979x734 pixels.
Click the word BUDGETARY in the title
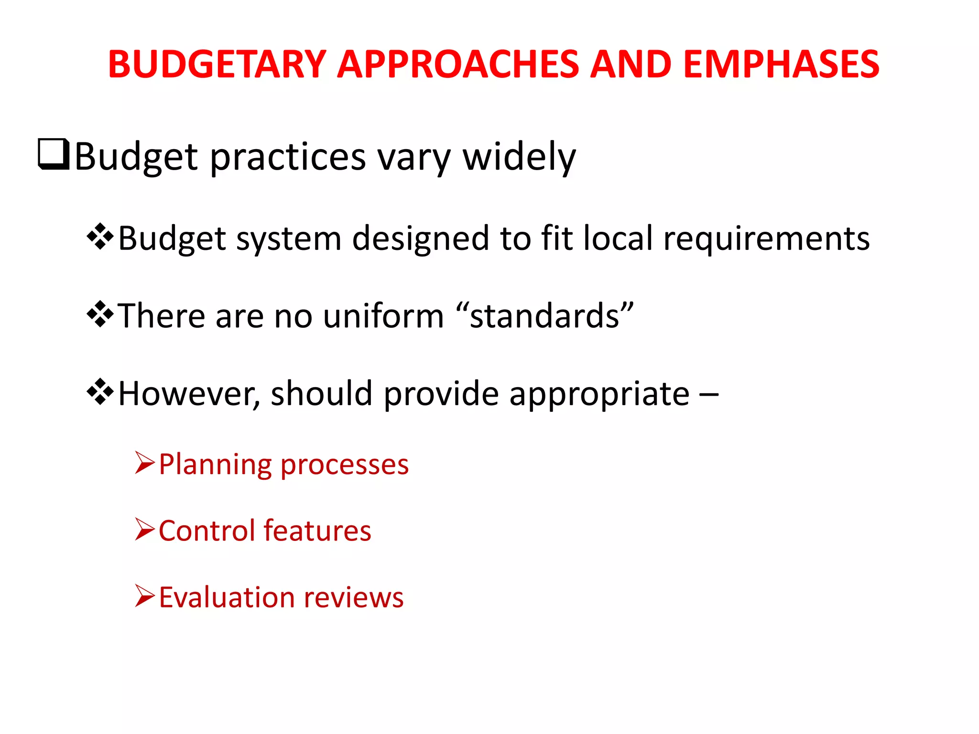click(217, 65)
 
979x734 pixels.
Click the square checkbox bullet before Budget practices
click(54, 154)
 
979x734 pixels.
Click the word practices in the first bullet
click(288, 158)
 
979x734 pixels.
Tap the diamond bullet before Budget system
click(100, 237)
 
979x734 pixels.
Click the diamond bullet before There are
click(100, 314)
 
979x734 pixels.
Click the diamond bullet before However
click(100, 392)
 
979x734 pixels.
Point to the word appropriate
click(599, 395)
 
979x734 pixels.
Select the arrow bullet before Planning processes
click(145, 463)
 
